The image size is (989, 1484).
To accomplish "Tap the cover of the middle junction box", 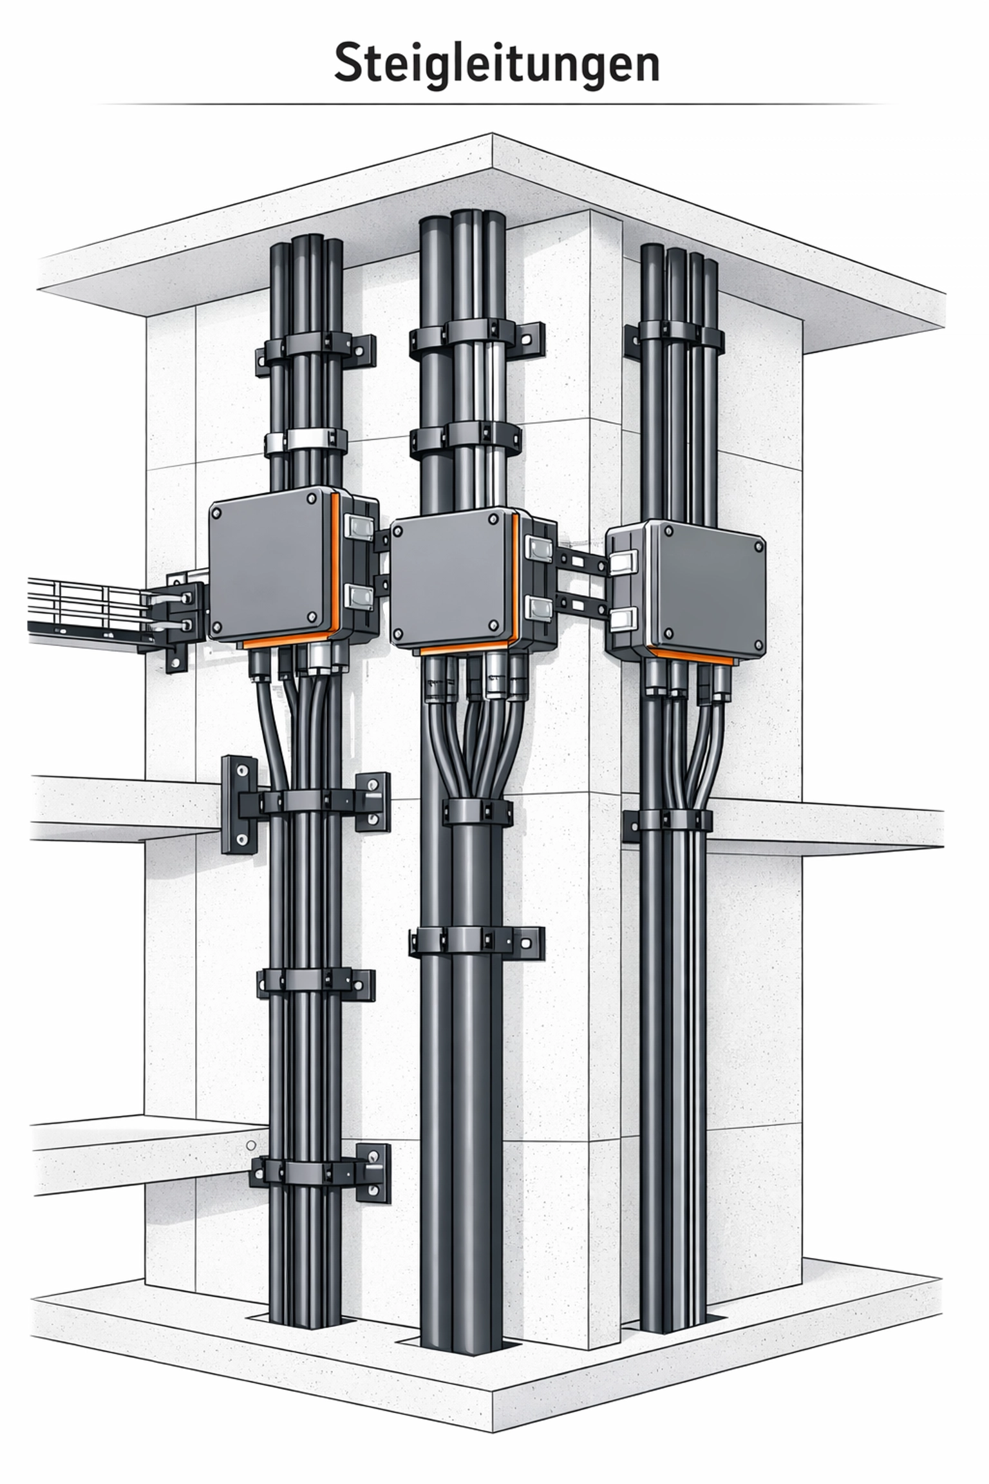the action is click(453, 580).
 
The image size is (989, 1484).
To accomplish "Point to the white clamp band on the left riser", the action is click(306, 441).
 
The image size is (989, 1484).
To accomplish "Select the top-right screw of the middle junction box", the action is click(493, 519).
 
